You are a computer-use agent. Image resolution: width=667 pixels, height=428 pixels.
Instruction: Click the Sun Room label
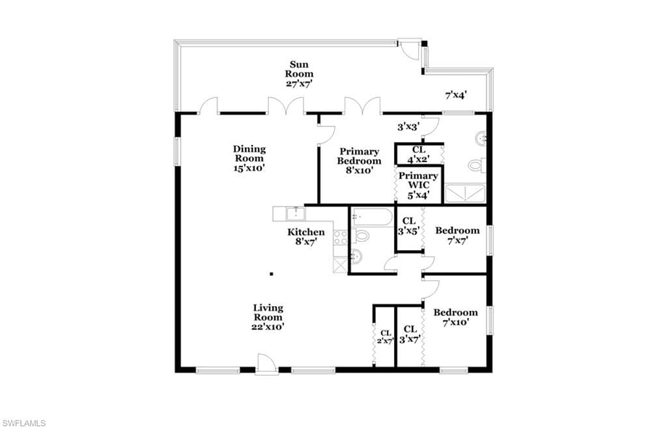click(x=299, y=74)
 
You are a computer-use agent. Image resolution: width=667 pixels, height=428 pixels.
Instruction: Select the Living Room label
click(x=268, y=317)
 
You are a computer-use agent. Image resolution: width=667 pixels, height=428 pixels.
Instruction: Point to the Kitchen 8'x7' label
click(x=306, y=237)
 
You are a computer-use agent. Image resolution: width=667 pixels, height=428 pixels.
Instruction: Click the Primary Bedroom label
click(x=359, y=162)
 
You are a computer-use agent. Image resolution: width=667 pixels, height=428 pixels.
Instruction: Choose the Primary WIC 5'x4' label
click(x=418, y=186)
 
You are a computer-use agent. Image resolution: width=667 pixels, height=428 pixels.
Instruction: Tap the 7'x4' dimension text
click(x=456, y=95)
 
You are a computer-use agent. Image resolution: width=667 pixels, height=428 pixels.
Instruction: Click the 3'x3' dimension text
click(x=409, y=127)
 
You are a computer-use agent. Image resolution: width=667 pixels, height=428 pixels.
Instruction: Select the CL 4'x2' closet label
click(x=419, y=155)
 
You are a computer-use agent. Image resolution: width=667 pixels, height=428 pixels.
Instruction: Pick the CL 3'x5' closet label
click(x=409, y=226)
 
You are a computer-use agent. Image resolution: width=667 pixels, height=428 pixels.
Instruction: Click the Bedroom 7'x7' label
click(x=457, y=236)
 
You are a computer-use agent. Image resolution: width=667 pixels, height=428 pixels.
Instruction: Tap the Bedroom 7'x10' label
click(x=455, y=317)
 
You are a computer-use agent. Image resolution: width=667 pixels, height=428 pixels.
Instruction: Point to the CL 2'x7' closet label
click(x=386, y=337)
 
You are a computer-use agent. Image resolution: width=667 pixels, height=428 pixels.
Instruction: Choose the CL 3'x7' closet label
click(x=410, y=334)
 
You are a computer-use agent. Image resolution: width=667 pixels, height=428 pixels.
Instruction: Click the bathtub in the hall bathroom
click(x=372, y=218)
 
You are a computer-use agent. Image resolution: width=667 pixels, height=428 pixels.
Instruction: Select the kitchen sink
click(x=294, y=214)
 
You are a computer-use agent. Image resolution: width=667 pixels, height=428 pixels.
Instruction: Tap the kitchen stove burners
click(x=341, y=237)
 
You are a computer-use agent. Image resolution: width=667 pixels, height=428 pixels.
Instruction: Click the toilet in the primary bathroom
click(x=477, y=165)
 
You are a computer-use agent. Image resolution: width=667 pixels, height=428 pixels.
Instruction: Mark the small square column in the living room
click(x=272, y=274)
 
